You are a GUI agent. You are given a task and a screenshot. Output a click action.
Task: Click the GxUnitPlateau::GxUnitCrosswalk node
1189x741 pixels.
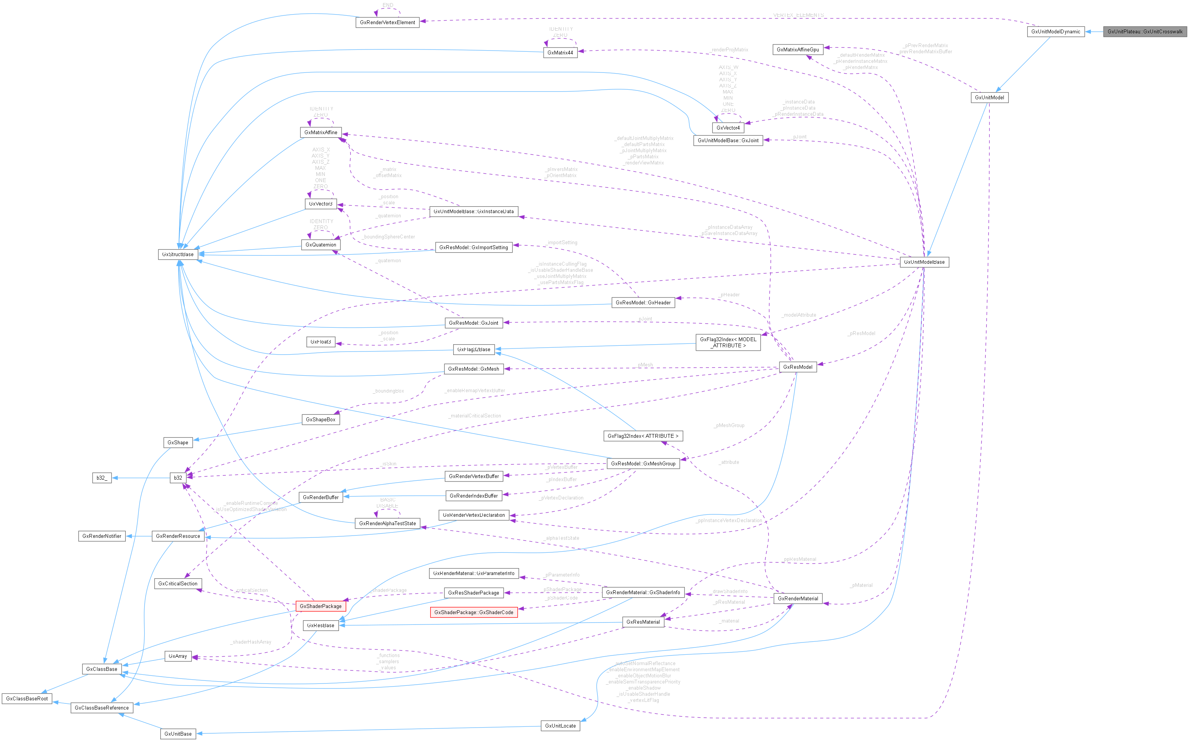coord(1145,32)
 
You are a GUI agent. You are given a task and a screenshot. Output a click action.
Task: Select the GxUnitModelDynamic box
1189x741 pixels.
coord(1055,32)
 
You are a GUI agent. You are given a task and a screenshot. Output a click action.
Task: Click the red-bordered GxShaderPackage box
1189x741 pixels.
coord(321,606)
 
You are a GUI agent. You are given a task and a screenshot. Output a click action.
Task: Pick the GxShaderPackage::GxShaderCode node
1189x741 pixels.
coord(474,613)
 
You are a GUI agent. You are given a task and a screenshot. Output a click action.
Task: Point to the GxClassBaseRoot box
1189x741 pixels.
coord(27,698)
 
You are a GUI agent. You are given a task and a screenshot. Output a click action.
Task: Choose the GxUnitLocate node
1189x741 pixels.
coord(560,726)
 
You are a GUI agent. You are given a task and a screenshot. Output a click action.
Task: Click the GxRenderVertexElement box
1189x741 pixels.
coord(387,23)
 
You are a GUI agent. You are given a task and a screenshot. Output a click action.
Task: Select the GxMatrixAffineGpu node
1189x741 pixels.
coord(798,49)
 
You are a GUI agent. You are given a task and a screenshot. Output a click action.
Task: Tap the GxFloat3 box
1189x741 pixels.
coord(321,342)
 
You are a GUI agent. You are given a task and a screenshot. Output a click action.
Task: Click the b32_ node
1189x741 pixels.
coord(102,478)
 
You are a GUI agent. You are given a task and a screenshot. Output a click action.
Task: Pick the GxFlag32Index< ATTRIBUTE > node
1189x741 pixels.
coord(643,436)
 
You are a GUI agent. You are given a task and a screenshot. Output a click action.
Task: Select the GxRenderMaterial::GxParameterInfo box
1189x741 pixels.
coord(474,573)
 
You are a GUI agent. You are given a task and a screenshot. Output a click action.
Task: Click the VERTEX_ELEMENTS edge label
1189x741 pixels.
coord(798,15)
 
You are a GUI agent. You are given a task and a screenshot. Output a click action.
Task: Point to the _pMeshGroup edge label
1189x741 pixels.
coord(729,426)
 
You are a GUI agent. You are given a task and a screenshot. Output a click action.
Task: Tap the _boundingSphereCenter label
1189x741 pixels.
coord(389,237)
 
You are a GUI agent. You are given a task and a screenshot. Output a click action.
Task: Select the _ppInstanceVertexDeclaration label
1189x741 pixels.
coord(729,521)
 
